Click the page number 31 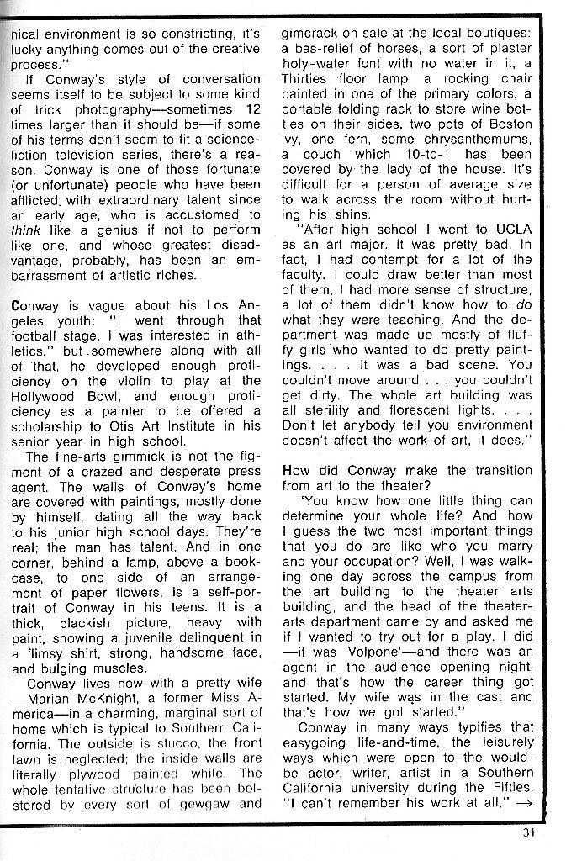tap(526, 834)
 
